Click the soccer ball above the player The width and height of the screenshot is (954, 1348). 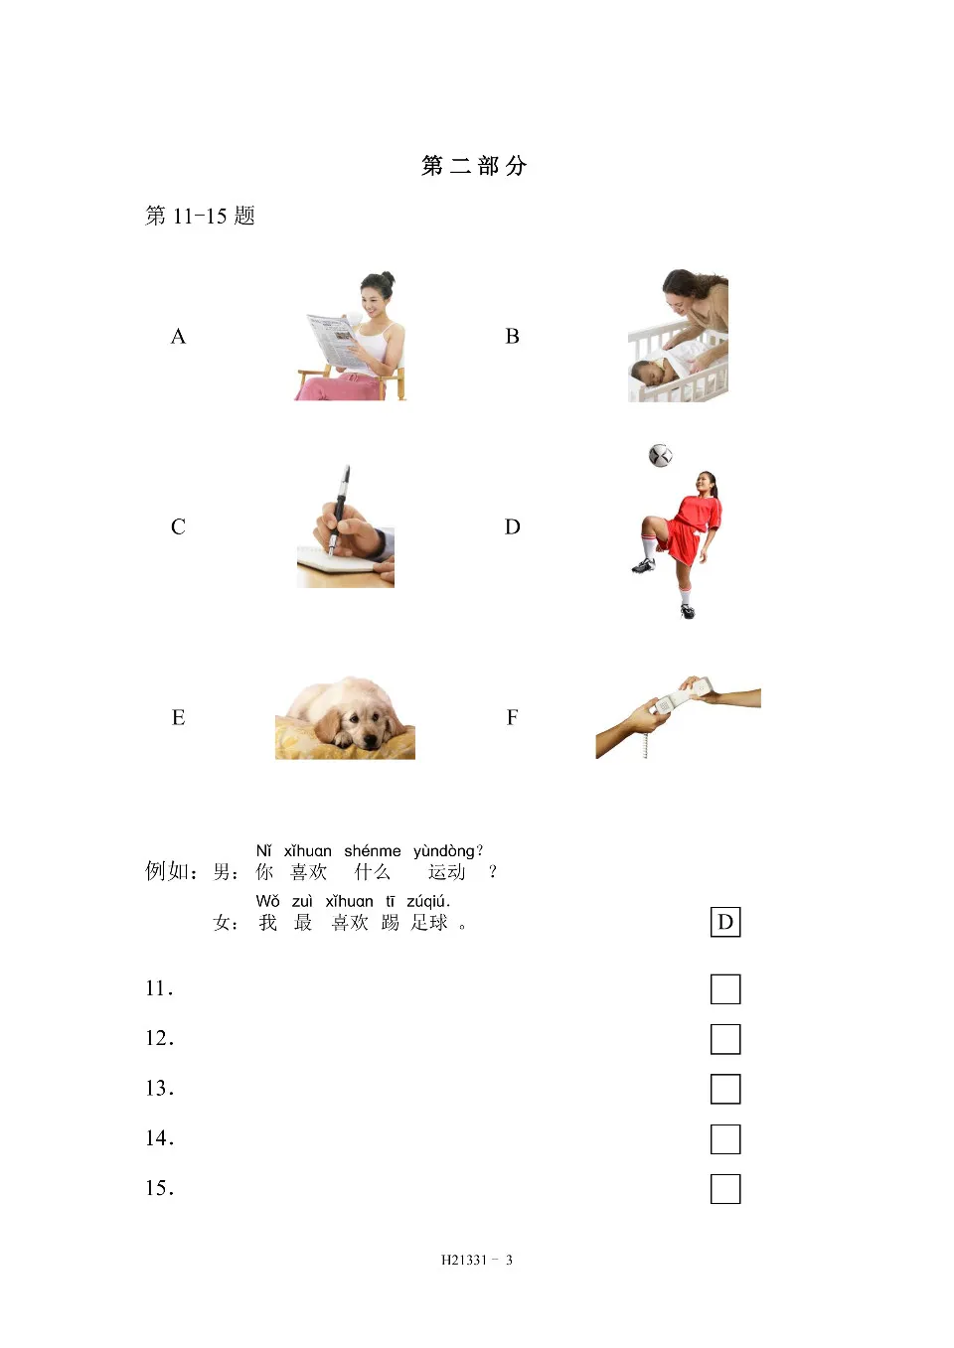(x=661, y=455)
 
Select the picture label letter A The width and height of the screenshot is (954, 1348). (x=178, y=337)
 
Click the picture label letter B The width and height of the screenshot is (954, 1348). (x=512, y=337)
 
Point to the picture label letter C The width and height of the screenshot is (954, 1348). (x=178, y=527)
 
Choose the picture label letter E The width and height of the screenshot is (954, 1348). (x=178, y=718)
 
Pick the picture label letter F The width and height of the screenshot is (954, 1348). (x=512, y=718)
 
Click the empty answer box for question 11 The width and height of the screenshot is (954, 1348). (x=725, y=989)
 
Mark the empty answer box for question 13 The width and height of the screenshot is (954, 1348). (x=725, y=1089)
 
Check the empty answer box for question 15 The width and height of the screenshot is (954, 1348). (x=725, y=1188)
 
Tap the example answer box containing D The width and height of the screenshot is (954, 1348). (x=725, y=922)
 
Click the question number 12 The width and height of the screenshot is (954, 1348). (x=159, y=1039)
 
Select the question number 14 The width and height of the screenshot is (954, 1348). (x=159, y=1138)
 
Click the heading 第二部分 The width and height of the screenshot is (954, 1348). (x=474, y=166)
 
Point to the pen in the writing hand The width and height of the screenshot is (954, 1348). (x=340, y=507)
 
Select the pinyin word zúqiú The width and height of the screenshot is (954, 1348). (x=428, y=902)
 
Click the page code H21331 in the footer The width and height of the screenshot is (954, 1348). (x=464, y=1261)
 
